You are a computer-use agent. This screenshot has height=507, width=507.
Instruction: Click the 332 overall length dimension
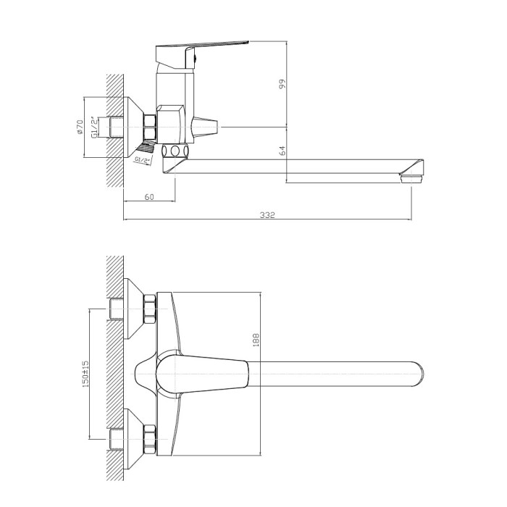[267, 215]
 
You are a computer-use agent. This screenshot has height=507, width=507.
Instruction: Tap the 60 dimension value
[149, 197]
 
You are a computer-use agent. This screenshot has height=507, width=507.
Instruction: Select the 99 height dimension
[282, 84]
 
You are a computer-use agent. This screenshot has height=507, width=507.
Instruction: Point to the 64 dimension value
[282, 151]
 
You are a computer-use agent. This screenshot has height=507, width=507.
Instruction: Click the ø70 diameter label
[80, 127]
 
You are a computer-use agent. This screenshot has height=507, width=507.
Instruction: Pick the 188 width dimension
[256, 340]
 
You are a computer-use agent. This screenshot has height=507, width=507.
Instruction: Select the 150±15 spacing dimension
[85, 374]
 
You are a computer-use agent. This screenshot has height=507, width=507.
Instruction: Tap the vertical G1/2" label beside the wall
[94, 127]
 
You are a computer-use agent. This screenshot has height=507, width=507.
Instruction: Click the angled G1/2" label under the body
[143, 160]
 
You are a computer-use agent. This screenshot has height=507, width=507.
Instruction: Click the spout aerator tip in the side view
[411, 178]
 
